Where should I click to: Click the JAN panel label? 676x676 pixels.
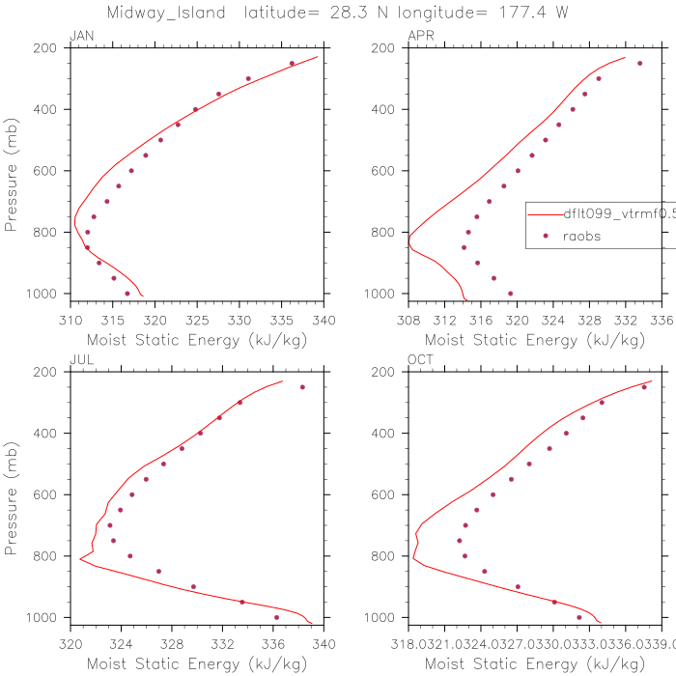(x=81, y=36)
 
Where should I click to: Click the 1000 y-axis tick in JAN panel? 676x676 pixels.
(x=44, y=294)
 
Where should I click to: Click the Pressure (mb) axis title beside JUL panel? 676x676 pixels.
(x=13, y=494)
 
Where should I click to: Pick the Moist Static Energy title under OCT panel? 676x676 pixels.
(x=535, y=663)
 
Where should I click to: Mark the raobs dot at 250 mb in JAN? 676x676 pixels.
(x=292, y=64)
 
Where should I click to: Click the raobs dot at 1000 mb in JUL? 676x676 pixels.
(x=276, y=617)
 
